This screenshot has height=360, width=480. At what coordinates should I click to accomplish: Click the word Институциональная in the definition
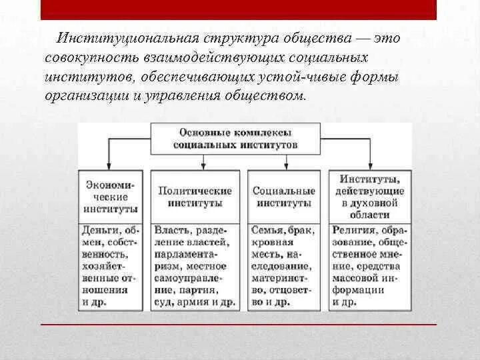pyautogui.click(x=116, y=39)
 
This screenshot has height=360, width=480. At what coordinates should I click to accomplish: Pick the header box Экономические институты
pyautogui.click(x=111, y=196)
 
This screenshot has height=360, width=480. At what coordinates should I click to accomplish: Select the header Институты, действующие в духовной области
pyautogui.click(x=369, y=196)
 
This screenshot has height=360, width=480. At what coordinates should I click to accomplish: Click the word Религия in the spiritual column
pyautogui.click(x=353, y=230)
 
